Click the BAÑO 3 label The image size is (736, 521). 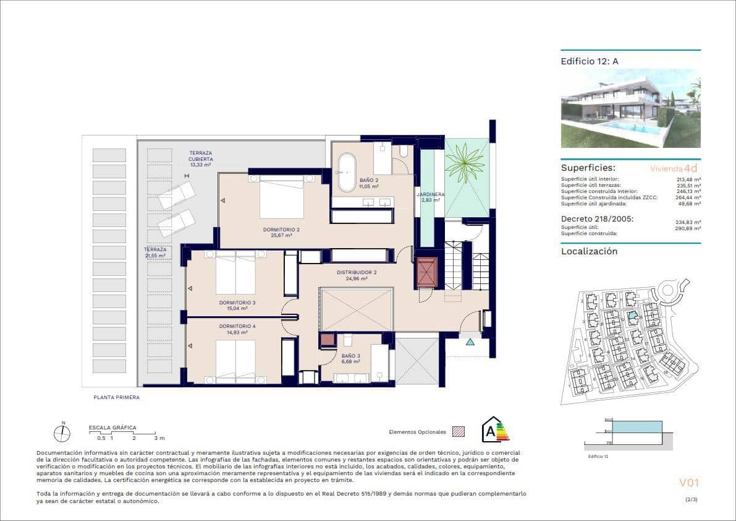350,356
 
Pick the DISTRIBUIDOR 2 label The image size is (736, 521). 357,272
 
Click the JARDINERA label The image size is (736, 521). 430,194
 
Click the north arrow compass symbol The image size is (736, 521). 62,434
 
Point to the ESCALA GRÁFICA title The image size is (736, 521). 112,428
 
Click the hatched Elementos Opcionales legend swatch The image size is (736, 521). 458,431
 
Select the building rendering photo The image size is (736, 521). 630,108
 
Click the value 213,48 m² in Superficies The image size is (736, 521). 688,179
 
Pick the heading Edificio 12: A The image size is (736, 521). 590,61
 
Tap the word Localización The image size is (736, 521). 589,251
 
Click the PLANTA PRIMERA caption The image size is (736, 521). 117,397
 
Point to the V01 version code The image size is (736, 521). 688,483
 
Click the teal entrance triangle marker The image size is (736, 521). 470,341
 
